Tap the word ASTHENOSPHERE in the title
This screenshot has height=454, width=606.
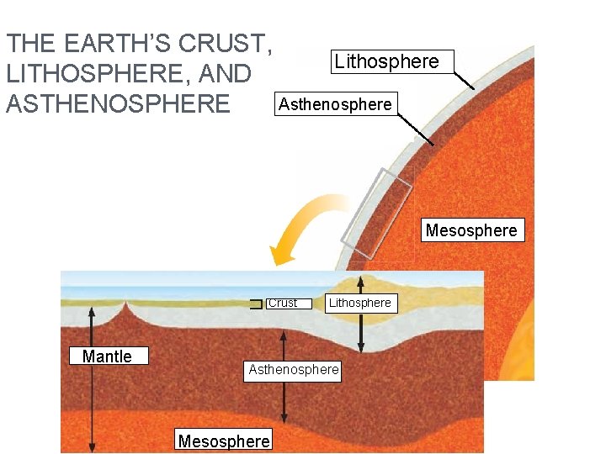tap(118, 104)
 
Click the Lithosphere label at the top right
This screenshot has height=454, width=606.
tap(386, 61)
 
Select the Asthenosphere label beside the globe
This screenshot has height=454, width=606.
tap(335, 104)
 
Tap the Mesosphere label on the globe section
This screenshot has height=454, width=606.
tap(471, 230)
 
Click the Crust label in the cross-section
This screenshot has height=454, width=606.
tap(284, 304)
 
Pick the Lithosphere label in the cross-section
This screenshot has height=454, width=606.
tap(359, 304)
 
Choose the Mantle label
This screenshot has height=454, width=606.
tap(107, 356)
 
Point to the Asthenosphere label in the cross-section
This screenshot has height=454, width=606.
tap(294, 370)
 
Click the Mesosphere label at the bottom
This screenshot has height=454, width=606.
tap(224, 441)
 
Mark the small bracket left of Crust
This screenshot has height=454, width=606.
tap(256, 304)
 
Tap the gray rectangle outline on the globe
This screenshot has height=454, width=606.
tap(376, 214)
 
